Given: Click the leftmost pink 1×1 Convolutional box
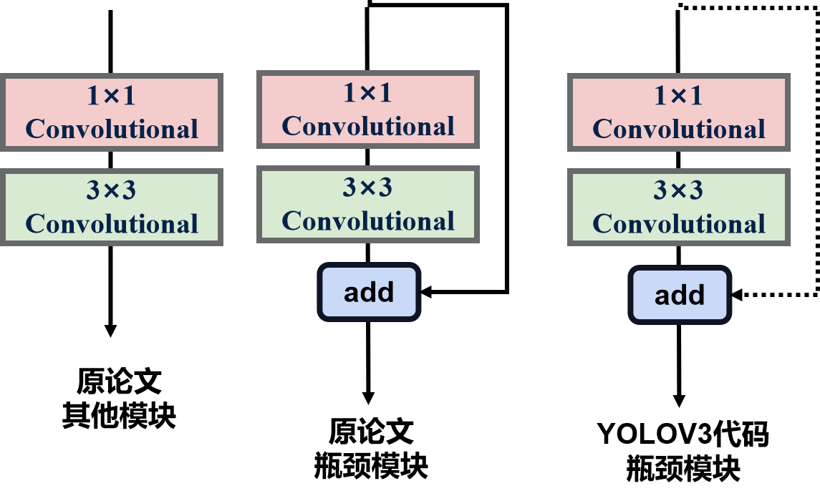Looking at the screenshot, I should coord(111,112).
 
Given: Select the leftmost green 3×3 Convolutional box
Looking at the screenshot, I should coord(111,207).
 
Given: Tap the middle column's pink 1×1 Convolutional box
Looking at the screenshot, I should coord(367,109).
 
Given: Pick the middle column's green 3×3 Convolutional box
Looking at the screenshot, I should coord(367,204).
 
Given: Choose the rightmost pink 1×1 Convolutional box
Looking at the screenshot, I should coord(678,112).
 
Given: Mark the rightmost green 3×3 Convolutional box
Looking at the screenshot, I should coord(678,207).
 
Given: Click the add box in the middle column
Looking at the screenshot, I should coord(369,292).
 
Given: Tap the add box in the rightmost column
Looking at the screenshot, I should coord(680,295).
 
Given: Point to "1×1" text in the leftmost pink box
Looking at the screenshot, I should coord(111,96).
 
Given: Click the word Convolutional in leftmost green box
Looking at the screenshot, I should coord(112,224).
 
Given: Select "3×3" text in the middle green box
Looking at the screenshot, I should coord(367,188).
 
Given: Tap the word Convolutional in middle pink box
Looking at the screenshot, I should coord(368,127).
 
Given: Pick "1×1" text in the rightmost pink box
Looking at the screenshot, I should coord(678,96).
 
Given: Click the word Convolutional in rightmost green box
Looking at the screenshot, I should coord(679,224).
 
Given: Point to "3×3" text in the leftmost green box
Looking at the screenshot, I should coord(111,190).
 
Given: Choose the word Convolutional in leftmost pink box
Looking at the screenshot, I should coord(112,130).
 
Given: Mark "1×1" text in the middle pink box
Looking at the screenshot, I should coord(367,93).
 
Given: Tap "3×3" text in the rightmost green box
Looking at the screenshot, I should coord(678,190).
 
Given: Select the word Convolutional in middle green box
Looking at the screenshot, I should coord(368,221).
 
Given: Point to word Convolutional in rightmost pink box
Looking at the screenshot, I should coord(679,130).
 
